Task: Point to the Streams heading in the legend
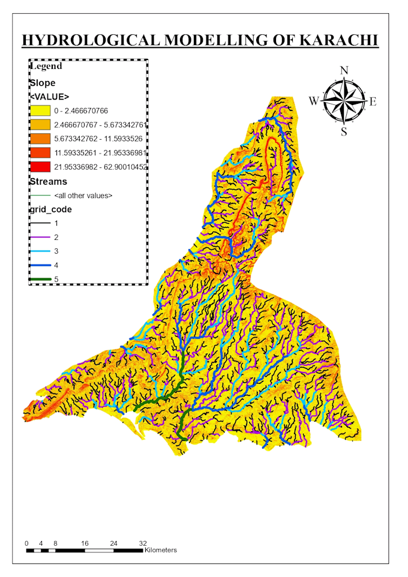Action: click(48, 181)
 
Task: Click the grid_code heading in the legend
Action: click(51, 209)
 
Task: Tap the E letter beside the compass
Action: click(373, 101)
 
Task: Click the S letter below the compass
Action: click(344, 132)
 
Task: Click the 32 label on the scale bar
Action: click(143, 543)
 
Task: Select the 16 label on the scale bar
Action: click(85, 543)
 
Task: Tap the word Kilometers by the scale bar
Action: click(161, 550)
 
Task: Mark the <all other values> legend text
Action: click(83, 196)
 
